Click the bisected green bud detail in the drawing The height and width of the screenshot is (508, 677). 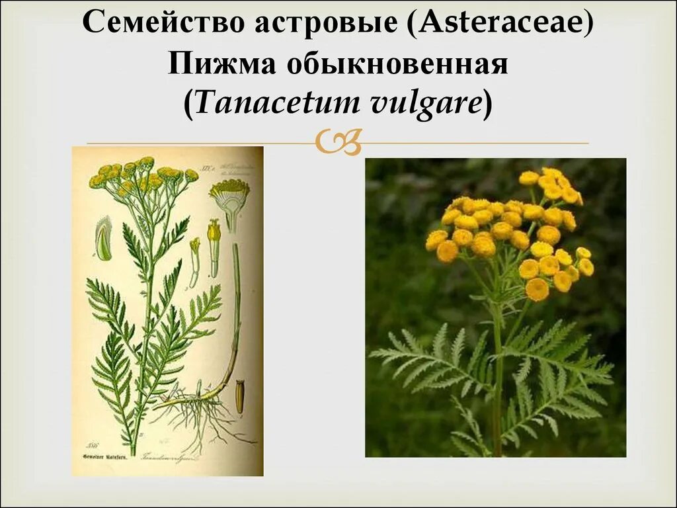pyautogui.click(x=104, y=240)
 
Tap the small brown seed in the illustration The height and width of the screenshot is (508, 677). pyautogui.click(x=239, y=396)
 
